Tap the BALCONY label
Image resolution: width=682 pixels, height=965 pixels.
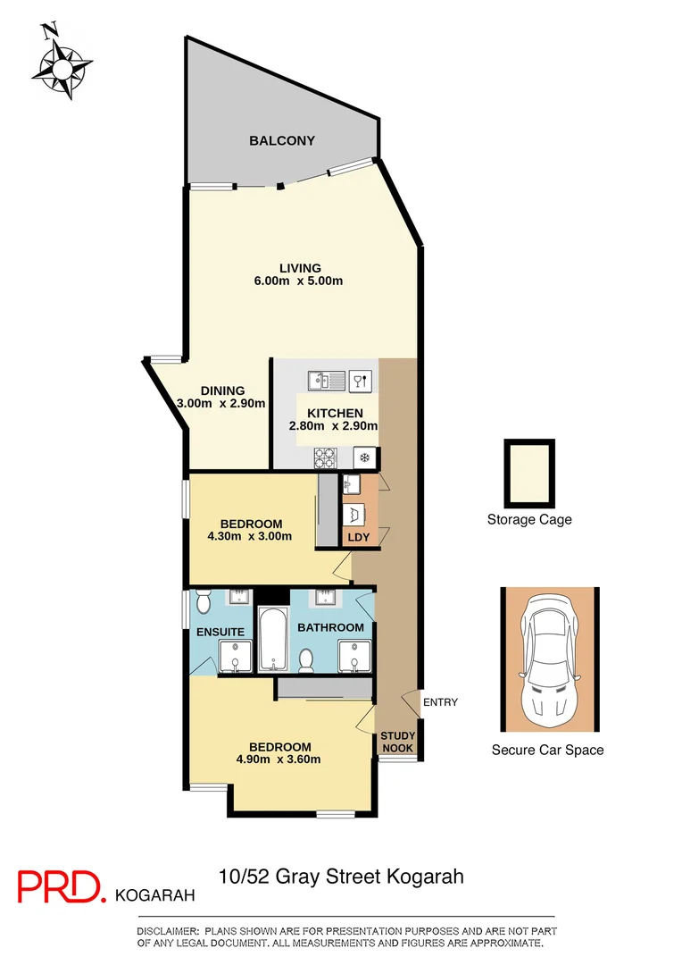click(281, 140)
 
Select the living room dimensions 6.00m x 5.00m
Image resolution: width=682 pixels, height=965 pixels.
click(299, 281)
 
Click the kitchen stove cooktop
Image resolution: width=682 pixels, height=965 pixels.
click(325, 457)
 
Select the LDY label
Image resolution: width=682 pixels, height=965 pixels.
click(358, 537)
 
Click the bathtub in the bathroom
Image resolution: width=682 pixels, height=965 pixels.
click(270, 639)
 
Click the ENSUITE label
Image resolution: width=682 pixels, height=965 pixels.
click(220, 632)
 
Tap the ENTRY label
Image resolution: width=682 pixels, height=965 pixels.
click(440, 702)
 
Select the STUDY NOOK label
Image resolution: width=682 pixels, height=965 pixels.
click(398, 742)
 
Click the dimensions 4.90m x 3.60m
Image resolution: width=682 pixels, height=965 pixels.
click(279, 759)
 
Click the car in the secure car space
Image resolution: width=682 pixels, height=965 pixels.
click(548, 659)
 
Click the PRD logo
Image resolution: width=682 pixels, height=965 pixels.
click(62, 885)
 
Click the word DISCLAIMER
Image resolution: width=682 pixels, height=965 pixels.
click(170, 932)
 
